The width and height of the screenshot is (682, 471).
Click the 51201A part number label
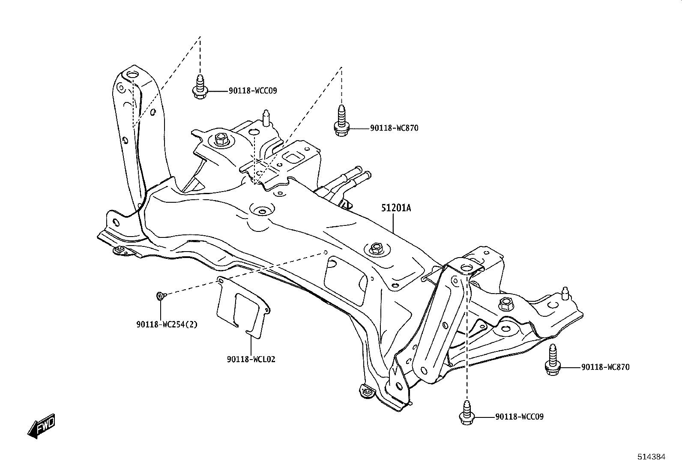pyautogui.click(x=396, y=208)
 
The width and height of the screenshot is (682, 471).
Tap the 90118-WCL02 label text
pyautogui.click(x=251, y=360)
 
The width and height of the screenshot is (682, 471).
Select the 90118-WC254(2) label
pyautogui.click(x=167, y=325)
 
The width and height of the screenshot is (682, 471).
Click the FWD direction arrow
pyautogui.click(x=42, y=426)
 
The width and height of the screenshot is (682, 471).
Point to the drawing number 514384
pyautogui.click(x=652, y=457)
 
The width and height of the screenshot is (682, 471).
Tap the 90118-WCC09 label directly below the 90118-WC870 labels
pyautogui.click(x=519, y=417)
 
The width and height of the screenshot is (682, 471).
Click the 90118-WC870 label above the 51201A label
pyautogui.click(x=394, y=128)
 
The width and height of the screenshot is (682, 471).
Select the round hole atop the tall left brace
pyautogui.click(x=132, y=75)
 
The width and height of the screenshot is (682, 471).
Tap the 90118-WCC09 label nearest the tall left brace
pyautogui.click(x=253, y=91)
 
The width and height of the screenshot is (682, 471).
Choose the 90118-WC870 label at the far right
pyautogui.click(x=605, y=367)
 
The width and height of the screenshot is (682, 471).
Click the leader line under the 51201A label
pyautogui.click(x=393, y=223)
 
